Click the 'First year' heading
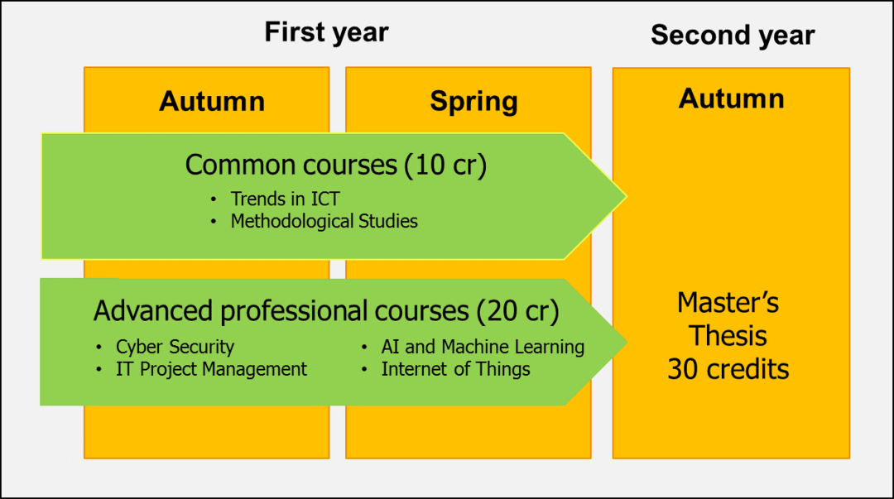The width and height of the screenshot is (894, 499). tap(327, 32)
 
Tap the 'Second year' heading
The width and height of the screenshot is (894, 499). tap(733, 36)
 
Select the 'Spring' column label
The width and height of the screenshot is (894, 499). tap(473, 103)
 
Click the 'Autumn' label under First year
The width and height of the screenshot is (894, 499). tap(212, 102)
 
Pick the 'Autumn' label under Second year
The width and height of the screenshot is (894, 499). tap(732, 98)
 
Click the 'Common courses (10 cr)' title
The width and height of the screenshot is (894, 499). tap(336, 166)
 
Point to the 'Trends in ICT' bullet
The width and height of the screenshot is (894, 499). tap(285, 199)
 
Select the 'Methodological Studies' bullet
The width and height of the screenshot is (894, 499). tap(324, 221)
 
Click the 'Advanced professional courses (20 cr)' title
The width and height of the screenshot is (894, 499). tap(326, 311)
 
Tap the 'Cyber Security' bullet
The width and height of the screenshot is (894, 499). tap(175, 347)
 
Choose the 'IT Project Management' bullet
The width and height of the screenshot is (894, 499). tap(212, 369)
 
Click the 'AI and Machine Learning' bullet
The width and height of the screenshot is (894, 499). tap(483, 347)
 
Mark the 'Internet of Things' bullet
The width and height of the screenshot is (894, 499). tap(455, 369)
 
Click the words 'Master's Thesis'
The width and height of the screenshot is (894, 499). tap(728, 319)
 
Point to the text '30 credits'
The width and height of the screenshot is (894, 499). tap(728, 370)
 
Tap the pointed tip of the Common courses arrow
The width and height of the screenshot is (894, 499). tap(626, 196)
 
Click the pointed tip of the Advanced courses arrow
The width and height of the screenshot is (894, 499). tap(627, 342)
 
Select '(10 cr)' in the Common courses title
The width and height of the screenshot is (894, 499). tap(445, 166)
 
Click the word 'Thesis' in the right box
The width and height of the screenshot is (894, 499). tap(728, 336)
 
